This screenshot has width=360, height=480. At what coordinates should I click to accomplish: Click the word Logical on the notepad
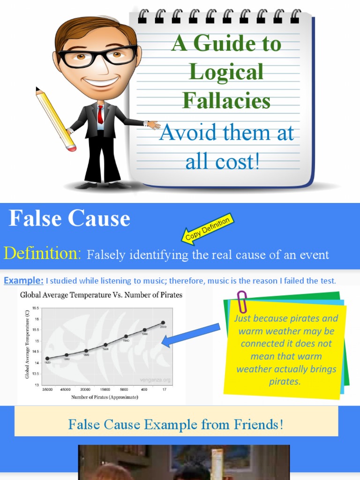[226, 72]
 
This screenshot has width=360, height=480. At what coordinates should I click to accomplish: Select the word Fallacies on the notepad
[226, 100]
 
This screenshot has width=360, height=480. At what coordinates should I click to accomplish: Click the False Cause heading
[69, 218]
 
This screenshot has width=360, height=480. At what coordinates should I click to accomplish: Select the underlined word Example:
[24, 281]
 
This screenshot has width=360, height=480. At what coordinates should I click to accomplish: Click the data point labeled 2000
[163, 322]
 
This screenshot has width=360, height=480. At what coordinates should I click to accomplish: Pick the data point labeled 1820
[47, 359]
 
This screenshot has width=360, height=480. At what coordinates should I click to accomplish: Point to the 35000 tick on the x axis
[47, 389]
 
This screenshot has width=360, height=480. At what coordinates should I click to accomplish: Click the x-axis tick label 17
[164, 389]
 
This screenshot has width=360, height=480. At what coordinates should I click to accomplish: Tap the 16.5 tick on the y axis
[35, 308]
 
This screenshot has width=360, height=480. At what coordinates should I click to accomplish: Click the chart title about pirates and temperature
[101, 295]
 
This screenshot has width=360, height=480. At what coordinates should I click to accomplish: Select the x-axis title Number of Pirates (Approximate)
[105, 397]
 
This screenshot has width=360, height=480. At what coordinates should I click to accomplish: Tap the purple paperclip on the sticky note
[242, 302]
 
